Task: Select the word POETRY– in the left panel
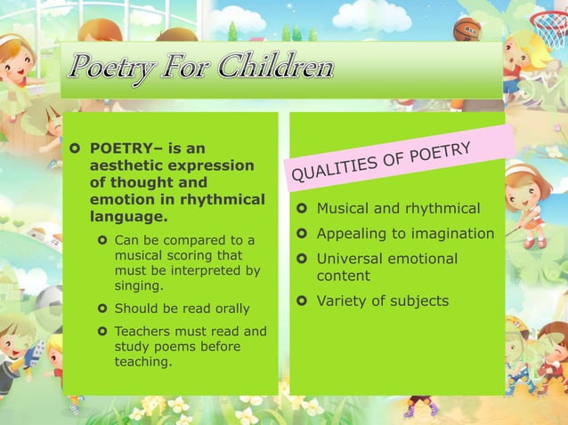(123, 148)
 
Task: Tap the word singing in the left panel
(139, 286)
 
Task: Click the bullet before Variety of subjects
(304, 301)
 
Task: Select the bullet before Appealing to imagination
(304, 234)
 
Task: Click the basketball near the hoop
(467, 30)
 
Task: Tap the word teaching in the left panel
(142, 362)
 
